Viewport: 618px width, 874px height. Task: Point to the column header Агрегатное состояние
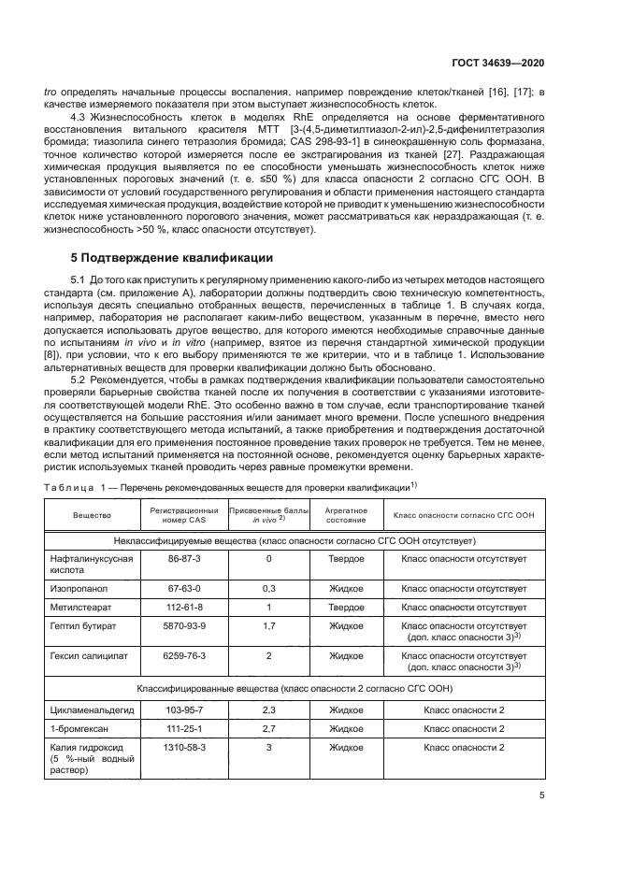345,515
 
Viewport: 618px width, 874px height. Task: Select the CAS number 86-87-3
184,558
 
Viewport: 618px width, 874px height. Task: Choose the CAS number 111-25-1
184,729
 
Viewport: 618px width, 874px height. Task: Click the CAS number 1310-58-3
184,748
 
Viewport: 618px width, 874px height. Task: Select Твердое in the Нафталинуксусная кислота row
346,558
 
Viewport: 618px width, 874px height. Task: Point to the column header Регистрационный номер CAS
184,515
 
